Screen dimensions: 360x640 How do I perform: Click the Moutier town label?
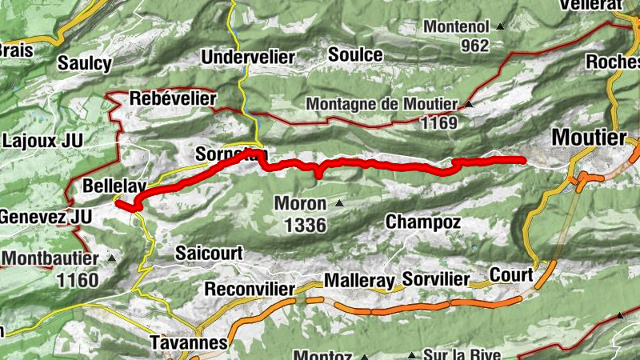point(590,138)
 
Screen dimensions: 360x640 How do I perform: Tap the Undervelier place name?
point(248,58)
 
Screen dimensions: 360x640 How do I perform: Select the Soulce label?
point(355,55)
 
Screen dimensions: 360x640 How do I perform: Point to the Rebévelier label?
point(173,98)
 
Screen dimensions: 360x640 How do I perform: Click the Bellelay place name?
point(114,186)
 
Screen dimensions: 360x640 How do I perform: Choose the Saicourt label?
point(209,253)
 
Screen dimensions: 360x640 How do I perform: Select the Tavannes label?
point(189,342)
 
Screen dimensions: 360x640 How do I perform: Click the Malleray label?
point(359,281)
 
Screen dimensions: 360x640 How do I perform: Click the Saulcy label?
point(85,63)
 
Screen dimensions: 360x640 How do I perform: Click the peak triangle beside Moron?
point(339,203)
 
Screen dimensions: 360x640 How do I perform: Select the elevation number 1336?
point(305,226)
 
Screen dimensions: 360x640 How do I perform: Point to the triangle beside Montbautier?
point(111,258)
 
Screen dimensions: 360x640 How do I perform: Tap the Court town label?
point(510,275)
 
